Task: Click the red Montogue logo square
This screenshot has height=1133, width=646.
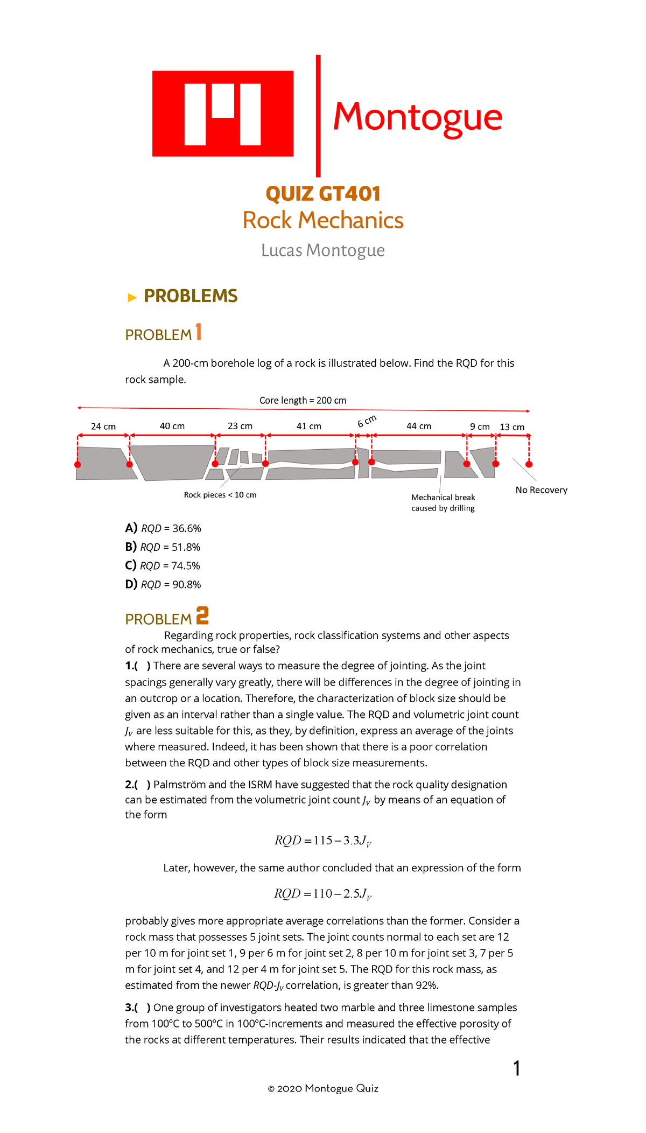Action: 222,114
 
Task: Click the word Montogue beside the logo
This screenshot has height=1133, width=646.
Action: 417,117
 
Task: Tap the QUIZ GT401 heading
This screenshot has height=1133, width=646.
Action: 323,194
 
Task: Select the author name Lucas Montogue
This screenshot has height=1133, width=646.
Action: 322,250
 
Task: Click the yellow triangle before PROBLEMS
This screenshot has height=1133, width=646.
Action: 132,298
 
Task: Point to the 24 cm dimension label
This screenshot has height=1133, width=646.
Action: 103,426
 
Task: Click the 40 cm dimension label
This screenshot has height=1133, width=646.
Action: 172,426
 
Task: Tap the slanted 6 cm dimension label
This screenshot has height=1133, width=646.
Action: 367,421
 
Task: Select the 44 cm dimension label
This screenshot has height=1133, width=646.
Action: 419,426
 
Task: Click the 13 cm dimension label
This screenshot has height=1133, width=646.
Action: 512,427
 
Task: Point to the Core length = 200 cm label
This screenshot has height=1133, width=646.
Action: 303,401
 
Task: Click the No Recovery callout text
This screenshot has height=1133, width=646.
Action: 541,490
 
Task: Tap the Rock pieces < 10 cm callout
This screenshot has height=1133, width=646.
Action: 220,495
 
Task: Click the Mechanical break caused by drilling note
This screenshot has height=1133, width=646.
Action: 443,503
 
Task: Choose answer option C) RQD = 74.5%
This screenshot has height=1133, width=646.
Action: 163,566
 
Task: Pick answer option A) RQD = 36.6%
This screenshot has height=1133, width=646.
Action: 163,529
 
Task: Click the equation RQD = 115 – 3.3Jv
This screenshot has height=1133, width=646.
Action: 323,841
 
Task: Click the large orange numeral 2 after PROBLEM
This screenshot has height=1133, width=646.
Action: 202,616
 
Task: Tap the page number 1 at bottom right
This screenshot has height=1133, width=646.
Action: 516,1068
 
